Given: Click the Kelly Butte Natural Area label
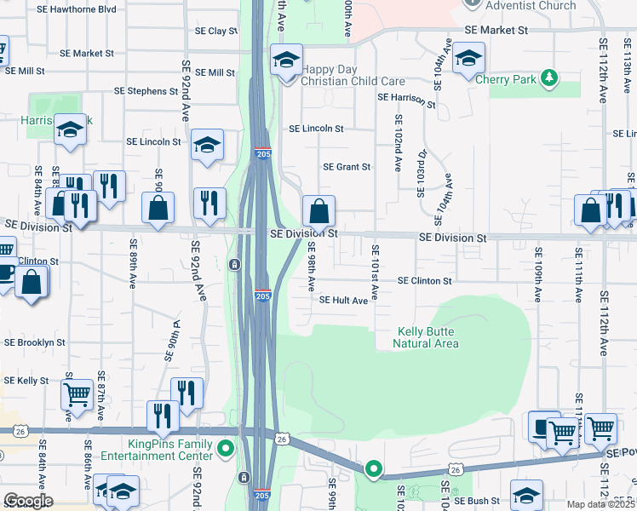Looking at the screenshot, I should pyautogui.click(x=426, y=337).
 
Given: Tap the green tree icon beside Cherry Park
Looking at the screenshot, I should pyautogui.click(x=550, y=79).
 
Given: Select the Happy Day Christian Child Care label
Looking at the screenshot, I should pyautogui.click(x=353, y=74).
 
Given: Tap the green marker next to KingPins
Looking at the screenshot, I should pyautogui.click(x=225, y=448).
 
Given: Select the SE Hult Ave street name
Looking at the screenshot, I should pyautogui.click(x=343, y=301).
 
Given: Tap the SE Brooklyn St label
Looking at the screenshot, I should pyautogui.click(x=35, y=342).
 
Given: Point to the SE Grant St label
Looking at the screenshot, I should pyautogui.click(x=347, y=168).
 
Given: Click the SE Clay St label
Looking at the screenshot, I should pyautogui.click(x=216, y=31).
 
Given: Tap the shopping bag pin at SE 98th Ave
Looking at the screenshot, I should pyautogui.click(x=318, y=210).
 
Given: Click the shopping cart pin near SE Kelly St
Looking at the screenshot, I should pyautogui.click(x=77, y=394).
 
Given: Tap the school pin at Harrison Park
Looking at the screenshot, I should pyautogui.click(x=71, y=129).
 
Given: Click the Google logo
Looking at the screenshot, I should pyautogui.click(x=27, y=501).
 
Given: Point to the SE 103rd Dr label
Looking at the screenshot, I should pyautogui.click(x=421, y=174).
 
